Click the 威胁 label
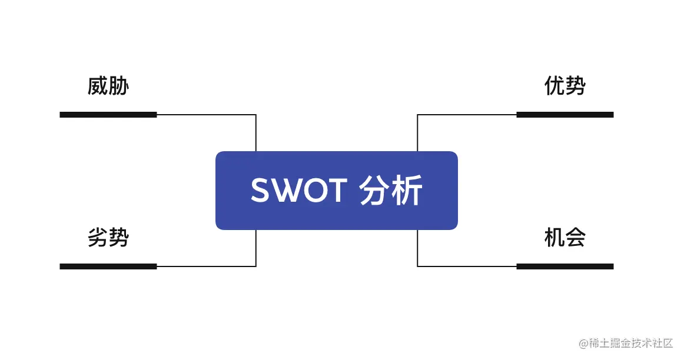point(108,86)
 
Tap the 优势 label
point(565,86)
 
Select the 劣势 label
point(108,238)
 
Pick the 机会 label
point(565,238)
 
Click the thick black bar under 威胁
point(108,115)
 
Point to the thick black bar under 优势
point(565,115)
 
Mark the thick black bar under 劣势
point(108,266)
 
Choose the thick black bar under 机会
point(565,266)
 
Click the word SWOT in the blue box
point(298,191)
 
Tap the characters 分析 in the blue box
point(391,191)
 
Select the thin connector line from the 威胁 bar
point(206,115)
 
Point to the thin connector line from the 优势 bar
point(467,115)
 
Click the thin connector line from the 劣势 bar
point(206,266)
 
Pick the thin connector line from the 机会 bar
point(467,266)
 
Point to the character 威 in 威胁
point(98,86)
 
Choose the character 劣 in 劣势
point(98,238)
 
